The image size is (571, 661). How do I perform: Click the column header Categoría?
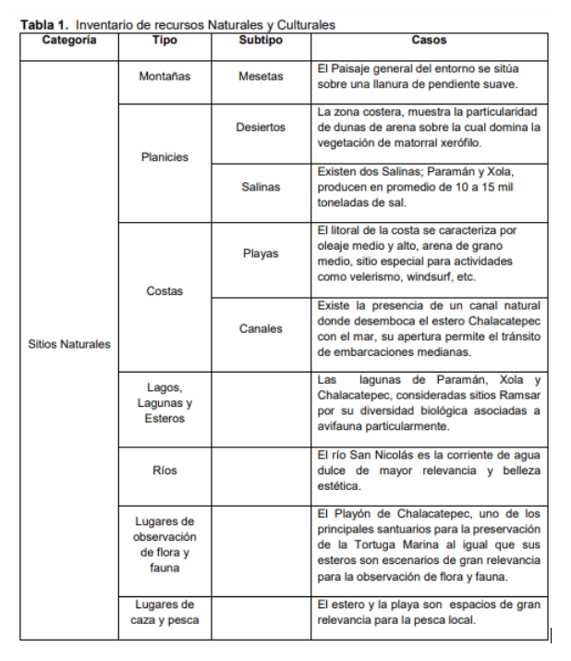pyautogui.click(x=68, y=41)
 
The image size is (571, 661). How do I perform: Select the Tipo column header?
pyautogui.click(x=164, y=41)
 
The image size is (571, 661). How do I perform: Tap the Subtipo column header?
pyautogui.click(x=261, y=41)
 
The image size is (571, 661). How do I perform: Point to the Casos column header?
pyautogui.click(x=429, y=41)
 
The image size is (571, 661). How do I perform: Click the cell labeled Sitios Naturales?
pyautogui.click(x=69, y=344)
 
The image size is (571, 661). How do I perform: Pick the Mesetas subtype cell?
pyautogui.click(x=261, y=77)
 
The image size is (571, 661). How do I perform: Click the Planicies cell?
pyautogui.click(x=164, y=157)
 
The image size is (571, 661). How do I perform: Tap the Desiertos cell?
pyautogui.click(x=261, y=128)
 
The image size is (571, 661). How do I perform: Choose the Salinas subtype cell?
pyautogui.click(x=261, y=188)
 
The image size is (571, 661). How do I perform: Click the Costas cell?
pyautogui.click(x=164, y=291)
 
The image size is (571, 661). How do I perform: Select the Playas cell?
pyautogui.click(x=261, y=253)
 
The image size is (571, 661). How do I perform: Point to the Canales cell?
pyautogui.click(x=261, y=329)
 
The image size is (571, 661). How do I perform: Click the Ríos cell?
pyautogui.click(x=164, y=471)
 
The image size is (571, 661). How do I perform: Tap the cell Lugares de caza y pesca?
pyautogui.click(x=164, y=612)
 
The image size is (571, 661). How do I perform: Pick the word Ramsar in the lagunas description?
pyautogui.click(x=522, y=396)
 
